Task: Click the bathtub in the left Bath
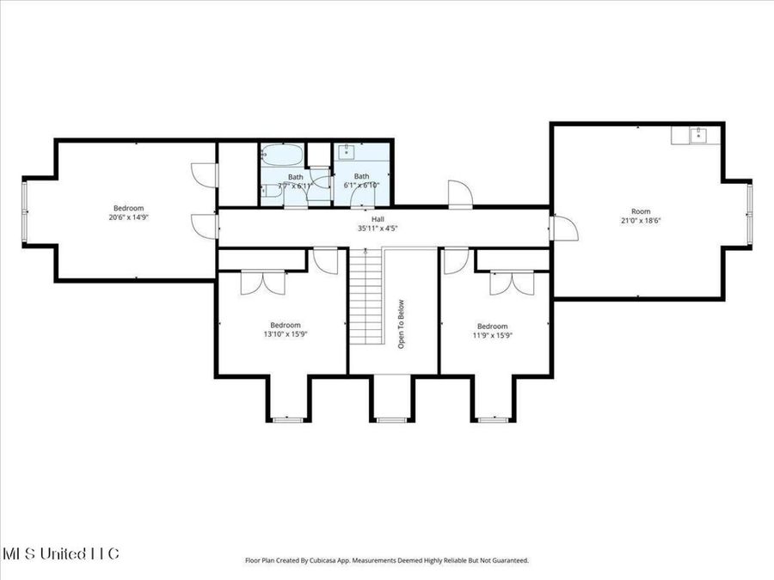coord(281,157)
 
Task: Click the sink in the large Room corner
coord(698,134)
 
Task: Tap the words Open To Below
coord(401,322)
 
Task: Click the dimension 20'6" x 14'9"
coord(128,217)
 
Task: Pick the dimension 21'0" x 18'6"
coord(641,221)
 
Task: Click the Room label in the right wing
coord(641,211)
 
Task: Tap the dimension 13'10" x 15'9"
coord(286,334)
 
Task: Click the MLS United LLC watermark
coord(60,553)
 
